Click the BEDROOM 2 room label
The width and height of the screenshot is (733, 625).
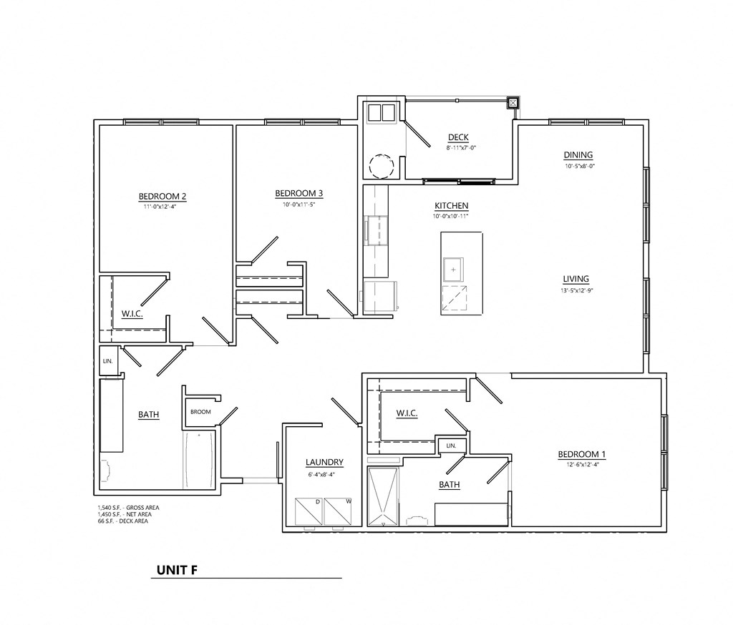pos(162,196)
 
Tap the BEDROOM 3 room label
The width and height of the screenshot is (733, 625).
pos(299,193)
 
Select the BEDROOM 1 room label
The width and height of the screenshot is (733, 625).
pos(581,454)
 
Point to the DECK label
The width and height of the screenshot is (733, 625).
pos(458,137)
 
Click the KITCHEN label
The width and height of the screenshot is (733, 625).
pos(451,205)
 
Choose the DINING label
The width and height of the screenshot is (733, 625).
pos(578,155)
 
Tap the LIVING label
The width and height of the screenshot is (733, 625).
pos(576,279)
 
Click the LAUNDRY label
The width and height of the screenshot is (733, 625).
pos(324,462)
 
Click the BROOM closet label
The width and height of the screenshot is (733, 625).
pos(200,413)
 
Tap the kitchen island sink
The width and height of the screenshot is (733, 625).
pos(453,270)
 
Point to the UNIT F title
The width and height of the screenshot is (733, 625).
pos(178,570)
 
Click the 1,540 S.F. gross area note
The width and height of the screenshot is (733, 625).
pos(129,508)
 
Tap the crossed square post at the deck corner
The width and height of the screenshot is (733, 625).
pos(513,102)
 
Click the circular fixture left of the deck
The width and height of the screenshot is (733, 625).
pos(381,167)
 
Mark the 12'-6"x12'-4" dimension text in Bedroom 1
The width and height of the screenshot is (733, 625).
pos(581,465)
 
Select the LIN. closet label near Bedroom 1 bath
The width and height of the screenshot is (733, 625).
pos(451,446)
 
